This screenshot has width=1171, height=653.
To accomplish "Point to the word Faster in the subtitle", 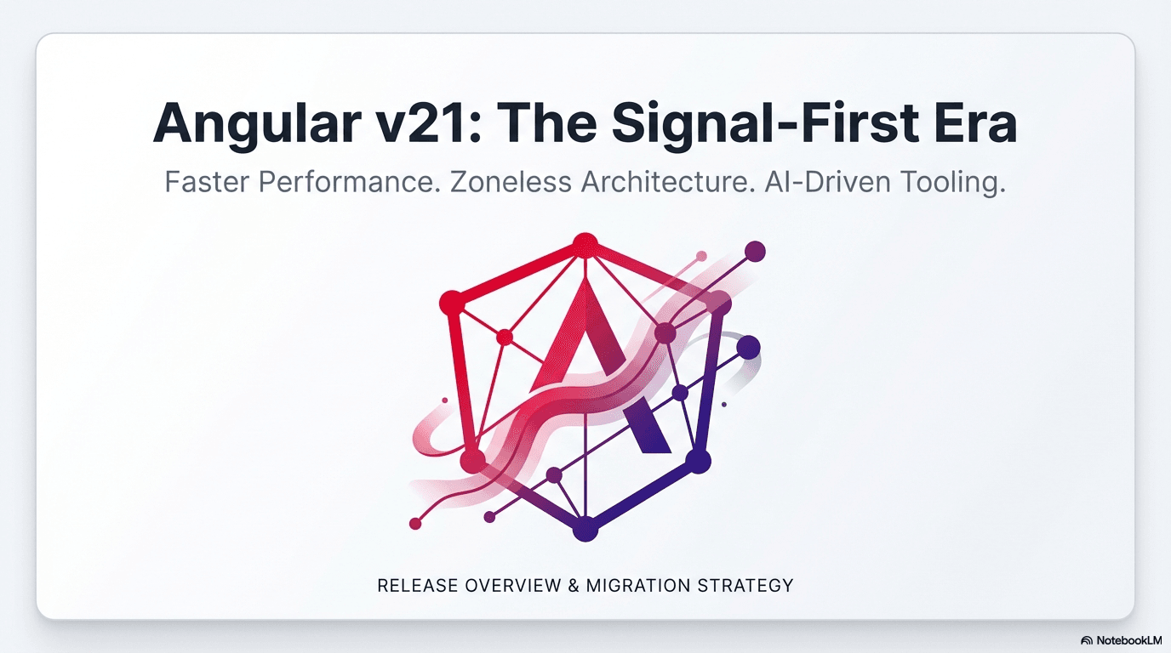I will click(207, 183).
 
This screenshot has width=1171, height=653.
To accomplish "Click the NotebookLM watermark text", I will click(1128, 639).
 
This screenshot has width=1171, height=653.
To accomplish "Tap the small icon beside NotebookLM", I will click(1087, 639).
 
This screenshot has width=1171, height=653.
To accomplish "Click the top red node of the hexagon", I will click(584, 245).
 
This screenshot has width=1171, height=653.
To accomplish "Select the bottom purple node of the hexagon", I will click(585, 529).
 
